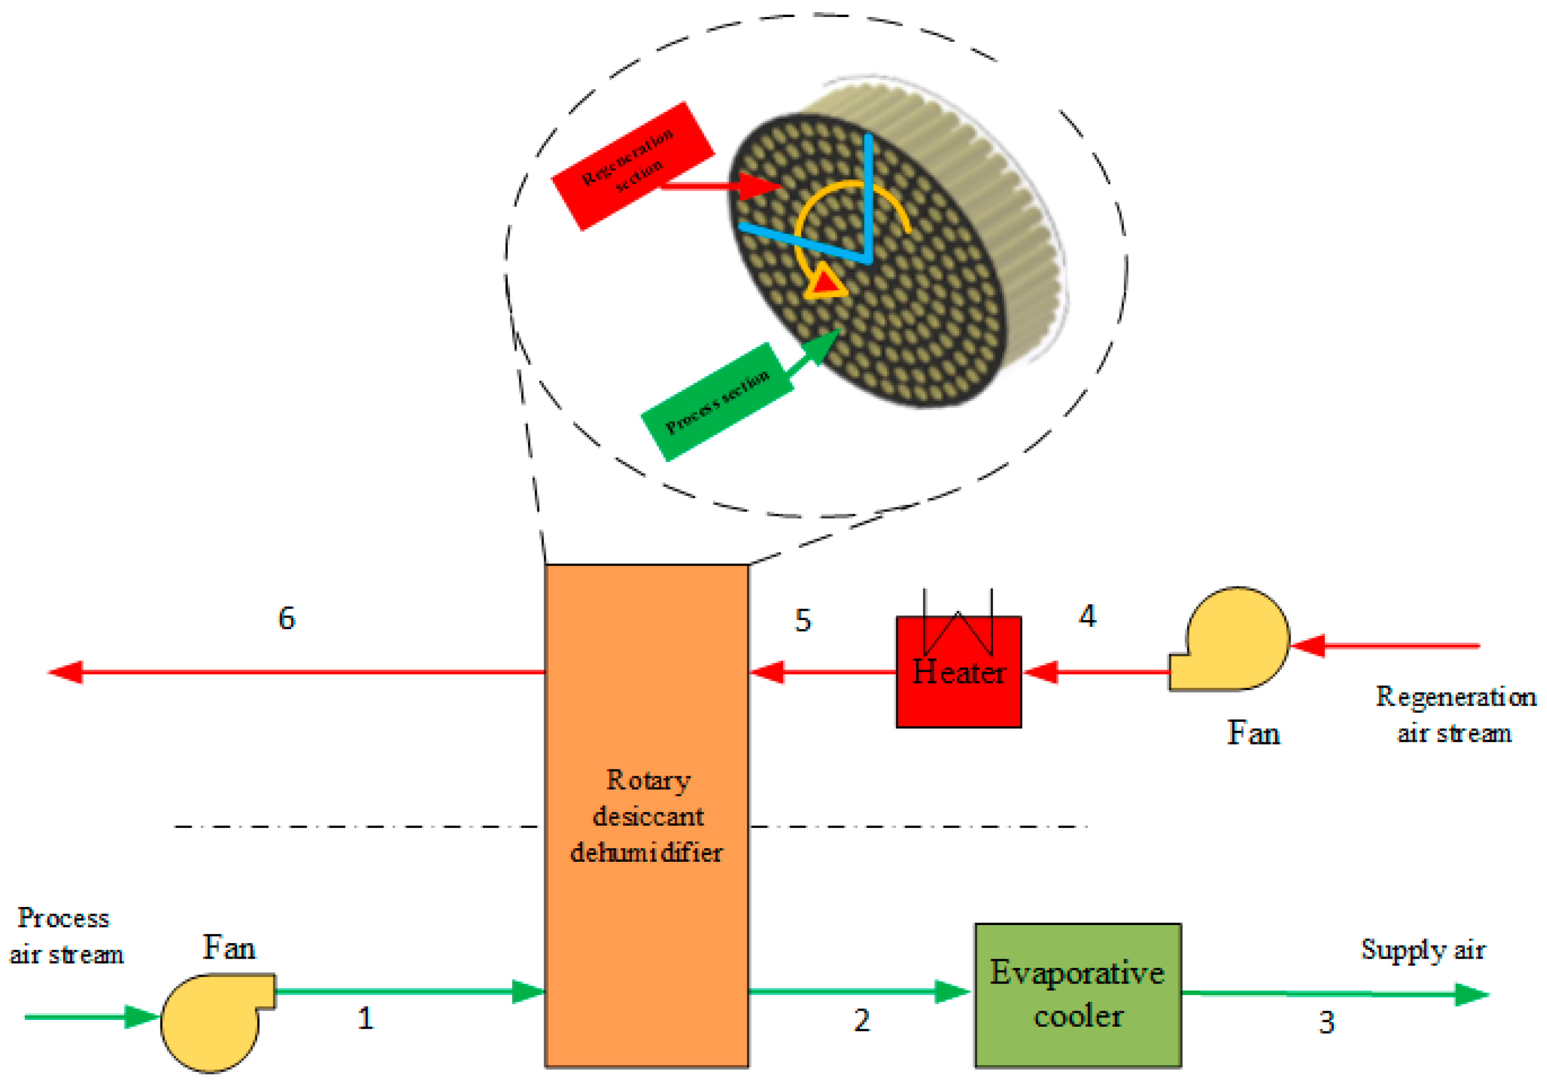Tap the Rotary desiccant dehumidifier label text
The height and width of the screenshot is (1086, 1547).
pyautogui.click(x=647, y=816)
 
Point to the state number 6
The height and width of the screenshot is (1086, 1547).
pyautogui.click(x=286, y=618)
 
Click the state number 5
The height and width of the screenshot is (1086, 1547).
pyautogui.click(x=802, y=620)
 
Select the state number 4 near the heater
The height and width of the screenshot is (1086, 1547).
pyautogui.click(x=1087, y=616)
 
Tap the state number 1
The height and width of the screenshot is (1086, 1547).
pyautogui.click(x=365, y=1018)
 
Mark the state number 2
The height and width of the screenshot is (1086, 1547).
pyautogui.click(x=862, y=1020)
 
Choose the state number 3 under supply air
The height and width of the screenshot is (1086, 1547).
pyautogui.click(x=1326, y=1022)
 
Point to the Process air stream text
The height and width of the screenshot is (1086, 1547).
pyautogui.click(x=65, y=936)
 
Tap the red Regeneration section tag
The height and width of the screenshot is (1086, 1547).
pyautogui.click(x=632, y=165)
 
